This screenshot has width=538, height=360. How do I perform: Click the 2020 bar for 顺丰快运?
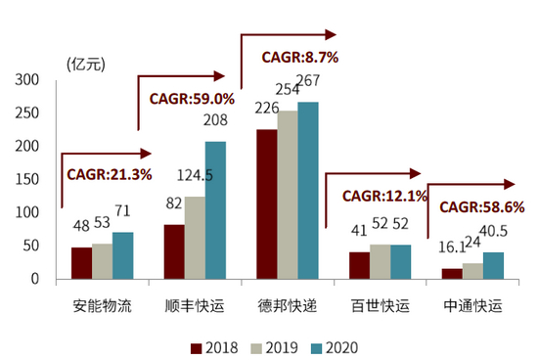pyautogui.click(x=215, y=210)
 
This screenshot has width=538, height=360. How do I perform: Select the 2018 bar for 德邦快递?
pyautogui.click(x=266, y=203)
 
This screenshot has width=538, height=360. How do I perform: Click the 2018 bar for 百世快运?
pyautogui.click(x=360, y=265)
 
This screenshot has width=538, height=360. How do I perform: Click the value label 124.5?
pyautogui.click(x=195, y=177)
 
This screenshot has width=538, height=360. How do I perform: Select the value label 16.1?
pyautogui.click(x=453, y=248)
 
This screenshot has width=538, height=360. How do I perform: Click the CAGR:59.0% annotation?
pyautogui.click(x=192, y=99)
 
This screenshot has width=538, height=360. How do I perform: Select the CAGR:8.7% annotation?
pyautogui.click(x=299, y=57)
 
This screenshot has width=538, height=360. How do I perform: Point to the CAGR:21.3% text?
pyautogui.click(x=110, y=174)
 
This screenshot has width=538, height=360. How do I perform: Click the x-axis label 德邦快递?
pyautogui.click(x=288, y=306)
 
